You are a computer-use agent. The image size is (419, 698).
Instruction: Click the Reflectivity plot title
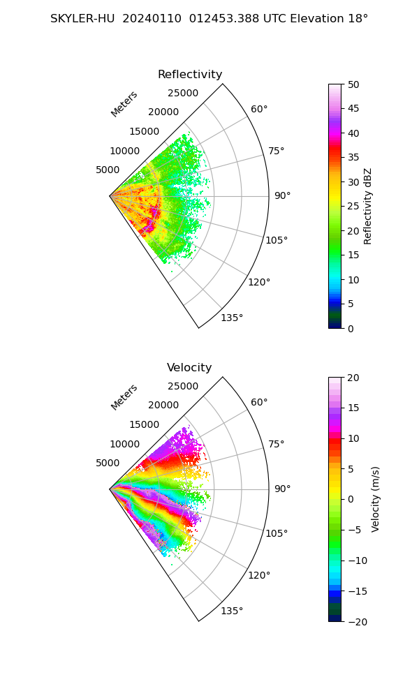(190, 75)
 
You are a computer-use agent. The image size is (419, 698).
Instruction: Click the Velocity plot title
(189, 368)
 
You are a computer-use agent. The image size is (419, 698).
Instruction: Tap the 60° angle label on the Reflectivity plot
(259, 109)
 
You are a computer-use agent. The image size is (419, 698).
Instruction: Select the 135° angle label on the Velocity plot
(232, 611)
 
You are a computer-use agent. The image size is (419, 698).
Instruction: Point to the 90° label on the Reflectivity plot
(282, 196)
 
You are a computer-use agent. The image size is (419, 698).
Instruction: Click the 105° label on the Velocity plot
(277, 534)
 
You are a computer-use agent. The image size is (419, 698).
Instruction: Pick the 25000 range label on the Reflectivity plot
(183, 94)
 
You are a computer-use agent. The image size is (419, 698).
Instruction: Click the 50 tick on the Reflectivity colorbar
(353, 84)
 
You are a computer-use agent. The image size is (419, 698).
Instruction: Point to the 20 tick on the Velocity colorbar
(353, 378)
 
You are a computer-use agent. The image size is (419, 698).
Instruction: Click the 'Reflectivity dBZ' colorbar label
(368, 206)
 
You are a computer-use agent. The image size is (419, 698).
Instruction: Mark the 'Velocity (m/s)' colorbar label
(376, 499)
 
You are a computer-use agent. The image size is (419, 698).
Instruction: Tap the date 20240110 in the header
(146, 19)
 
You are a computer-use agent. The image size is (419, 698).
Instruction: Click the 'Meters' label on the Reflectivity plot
(124, 104)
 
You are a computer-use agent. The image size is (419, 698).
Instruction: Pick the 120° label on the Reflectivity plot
(259, 282)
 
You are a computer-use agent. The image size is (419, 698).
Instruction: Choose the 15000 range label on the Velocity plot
(144, 424)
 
